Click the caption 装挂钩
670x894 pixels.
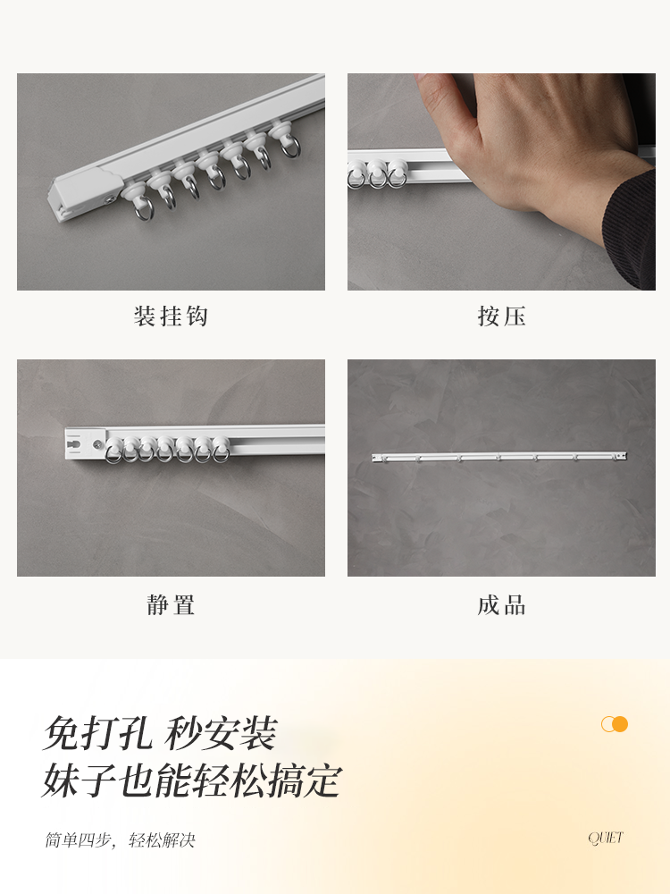pyautogui.click(x=171, y=316)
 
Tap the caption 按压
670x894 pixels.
pyautogui.click(x=501, y=316)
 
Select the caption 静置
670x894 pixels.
pyautogui.click(x=171, y=605)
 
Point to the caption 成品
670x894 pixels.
pyautogui.click(x=501, y=605)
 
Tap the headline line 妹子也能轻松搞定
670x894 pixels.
pyautogui.click(x=192, y=780)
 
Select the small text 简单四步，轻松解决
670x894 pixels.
pyautogui.click(x=120, y=840)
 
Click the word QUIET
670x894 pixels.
pyautogui.click(x=606, y=838)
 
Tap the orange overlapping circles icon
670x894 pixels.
pyautogui.click(x=615, y=724)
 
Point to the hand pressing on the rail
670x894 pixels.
pyautogui.click(x=536, y=134)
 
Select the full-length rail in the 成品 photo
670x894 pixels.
pyautogui.click(x=500, y=457)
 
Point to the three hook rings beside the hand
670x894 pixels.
pyautogui.click(x=376, y=174)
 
